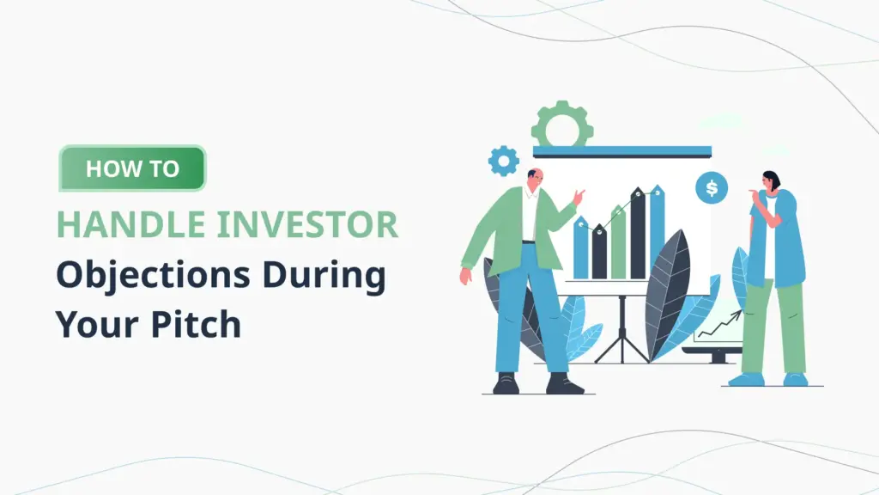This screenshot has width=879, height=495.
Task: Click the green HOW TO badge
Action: click(132, 168)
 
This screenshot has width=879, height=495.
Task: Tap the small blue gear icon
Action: click(503, 161)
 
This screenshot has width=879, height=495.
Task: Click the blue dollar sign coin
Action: click(712, 186)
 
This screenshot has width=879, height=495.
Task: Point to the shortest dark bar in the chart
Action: click(599, 253)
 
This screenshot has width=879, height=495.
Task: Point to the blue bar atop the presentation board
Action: click(621, 151)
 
